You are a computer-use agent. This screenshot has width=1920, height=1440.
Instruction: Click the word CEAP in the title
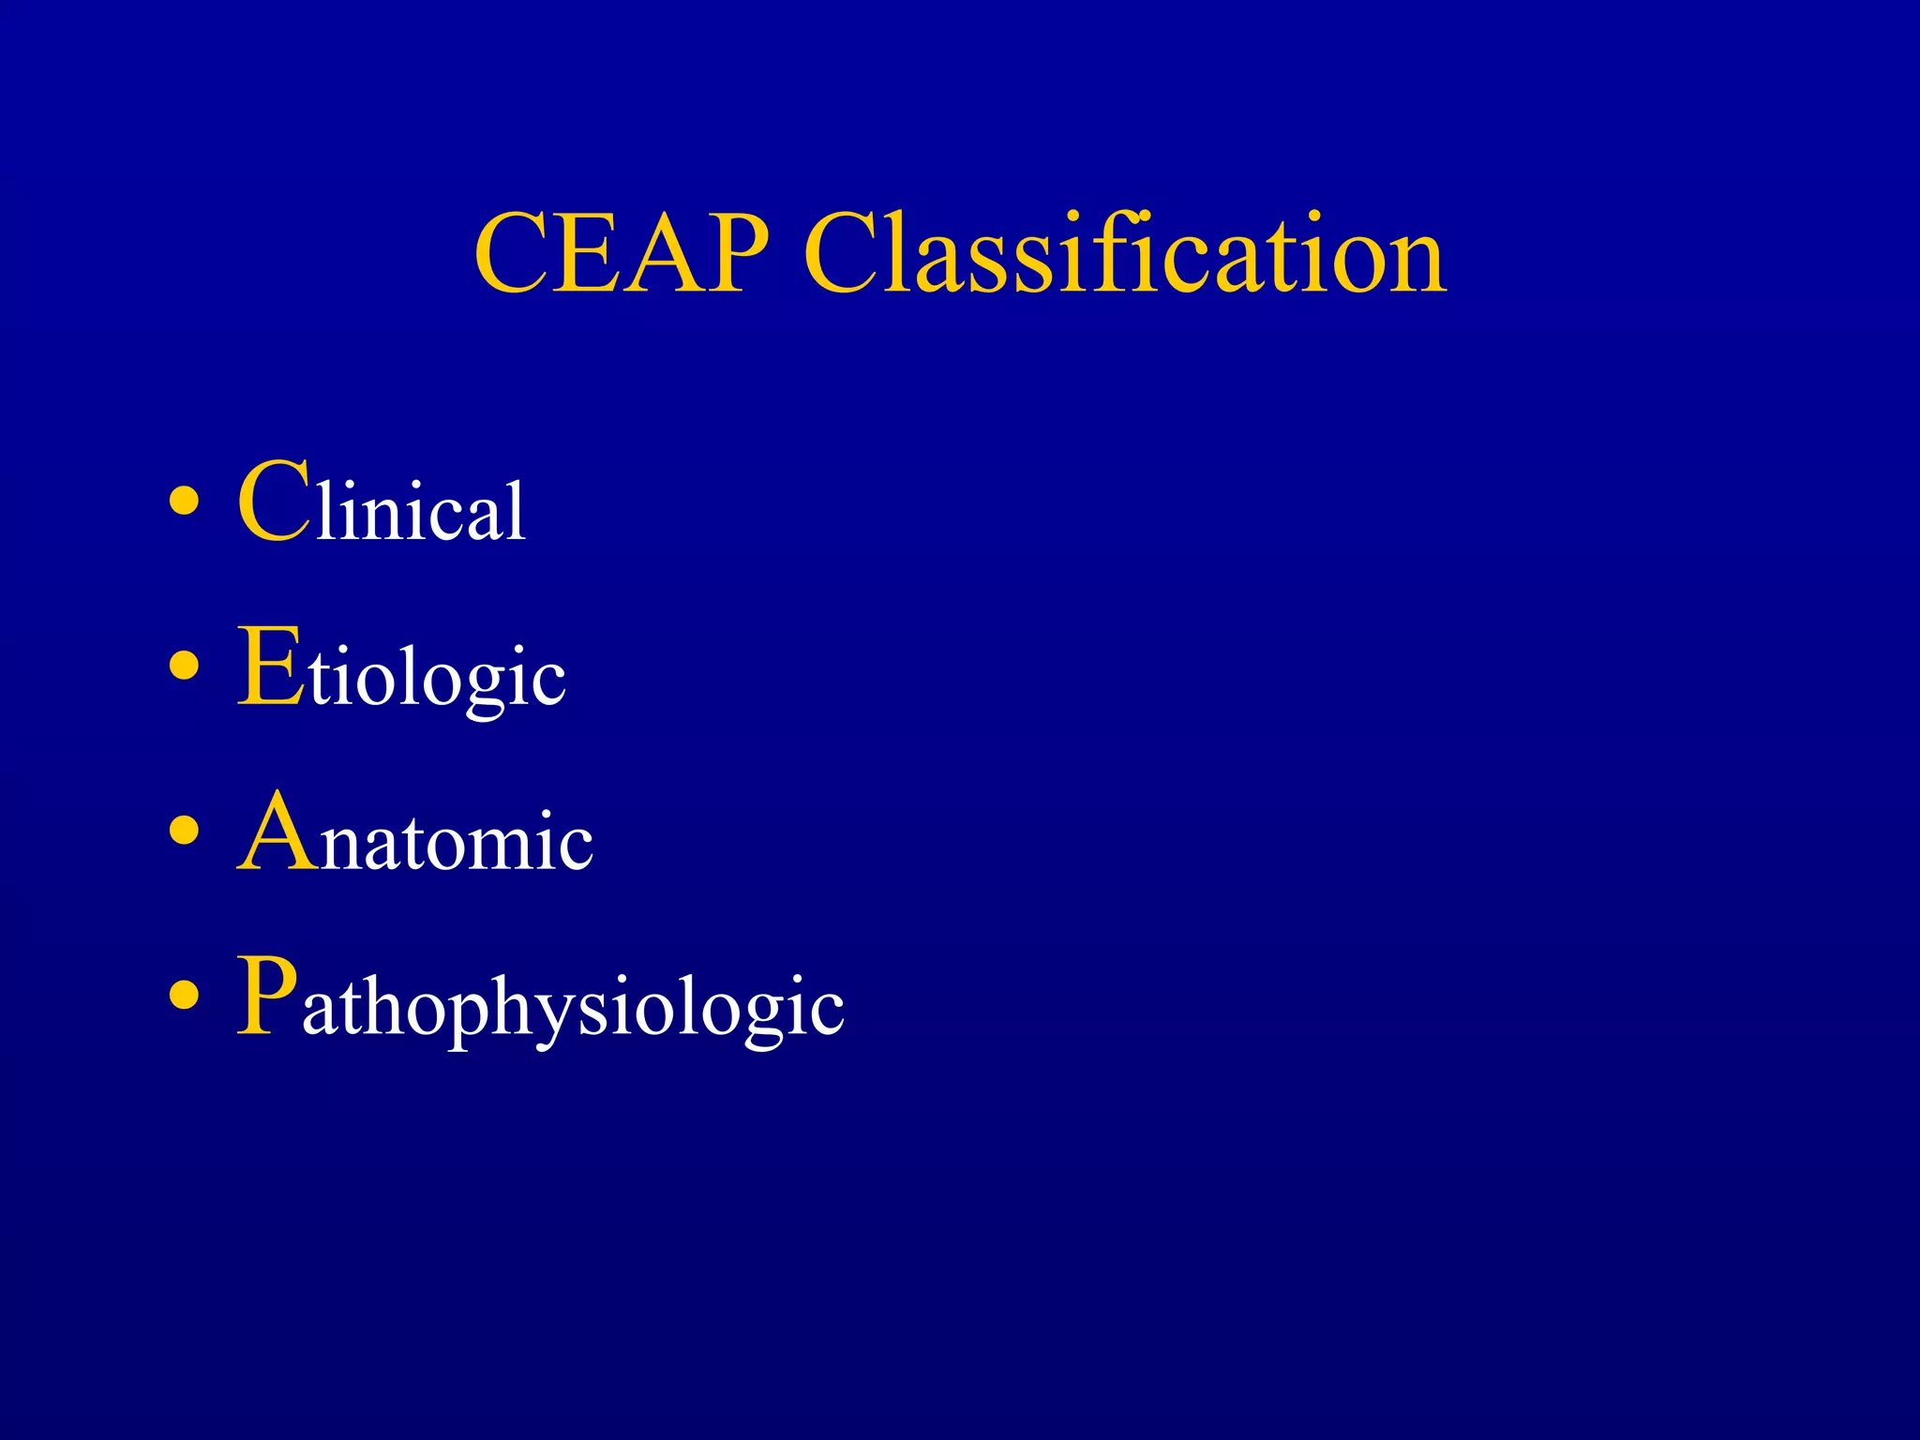(x=622, y=254)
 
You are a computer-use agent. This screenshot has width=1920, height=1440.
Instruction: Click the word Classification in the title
(x=1125, y=254)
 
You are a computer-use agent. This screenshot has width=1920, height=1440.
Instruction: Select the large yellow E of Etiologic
(x=271, y=667)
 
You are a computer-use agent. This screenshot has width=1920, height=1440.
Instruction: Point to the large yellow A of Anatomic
(x=277, y=832)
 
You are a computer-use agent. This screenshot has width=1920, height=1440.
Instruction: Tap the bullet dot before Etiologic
(x=185, y=667)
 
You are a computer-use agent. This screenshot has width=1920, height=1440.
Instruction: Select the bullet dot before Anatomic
(x=185, y=832)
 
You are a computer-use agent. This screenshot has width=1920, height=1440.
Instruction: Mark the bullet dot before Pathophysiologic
(x=185, y=997)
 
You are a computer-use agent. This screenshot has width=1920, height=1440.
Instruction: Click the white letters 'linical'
(x=421, y=511)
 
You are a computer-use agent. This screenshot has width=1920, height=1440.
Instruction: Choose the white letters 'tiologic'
(x=438, y=677)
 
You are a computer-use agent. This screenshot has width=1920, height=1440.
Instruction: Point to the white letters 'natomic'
(x=457, y=842)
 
